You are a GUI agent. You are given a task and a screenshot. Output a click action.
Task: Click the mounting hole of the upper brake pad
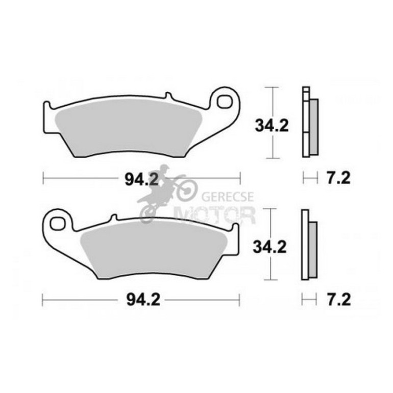(225, 102)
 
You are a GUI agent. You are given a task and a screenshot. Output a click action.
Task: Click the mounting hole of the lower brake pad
(57, 223)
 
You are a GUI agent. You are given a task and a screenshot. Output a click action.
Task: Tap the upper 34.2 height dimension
(272, 126)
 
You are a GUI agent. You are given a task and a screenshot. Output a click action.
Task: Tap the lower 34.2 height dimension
(269, 247)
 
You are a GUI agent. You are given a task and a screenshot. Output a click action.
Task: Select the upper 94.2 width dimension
(142, 179)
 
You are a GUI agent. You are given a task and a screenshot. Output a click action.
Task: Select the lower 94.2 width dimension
(143, 300)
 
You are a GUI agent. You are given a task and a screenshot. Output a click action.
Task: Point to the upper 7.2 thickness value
(338, 178)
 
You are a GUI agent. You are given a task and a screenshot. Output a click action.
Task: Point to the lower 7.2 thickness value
(338, 300)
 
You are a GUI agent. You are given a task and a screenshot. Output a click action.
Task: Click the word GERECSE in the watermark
(228, 196)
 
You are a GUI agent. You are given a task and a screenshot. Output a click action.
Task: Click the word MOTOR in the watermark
(215, 215)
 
